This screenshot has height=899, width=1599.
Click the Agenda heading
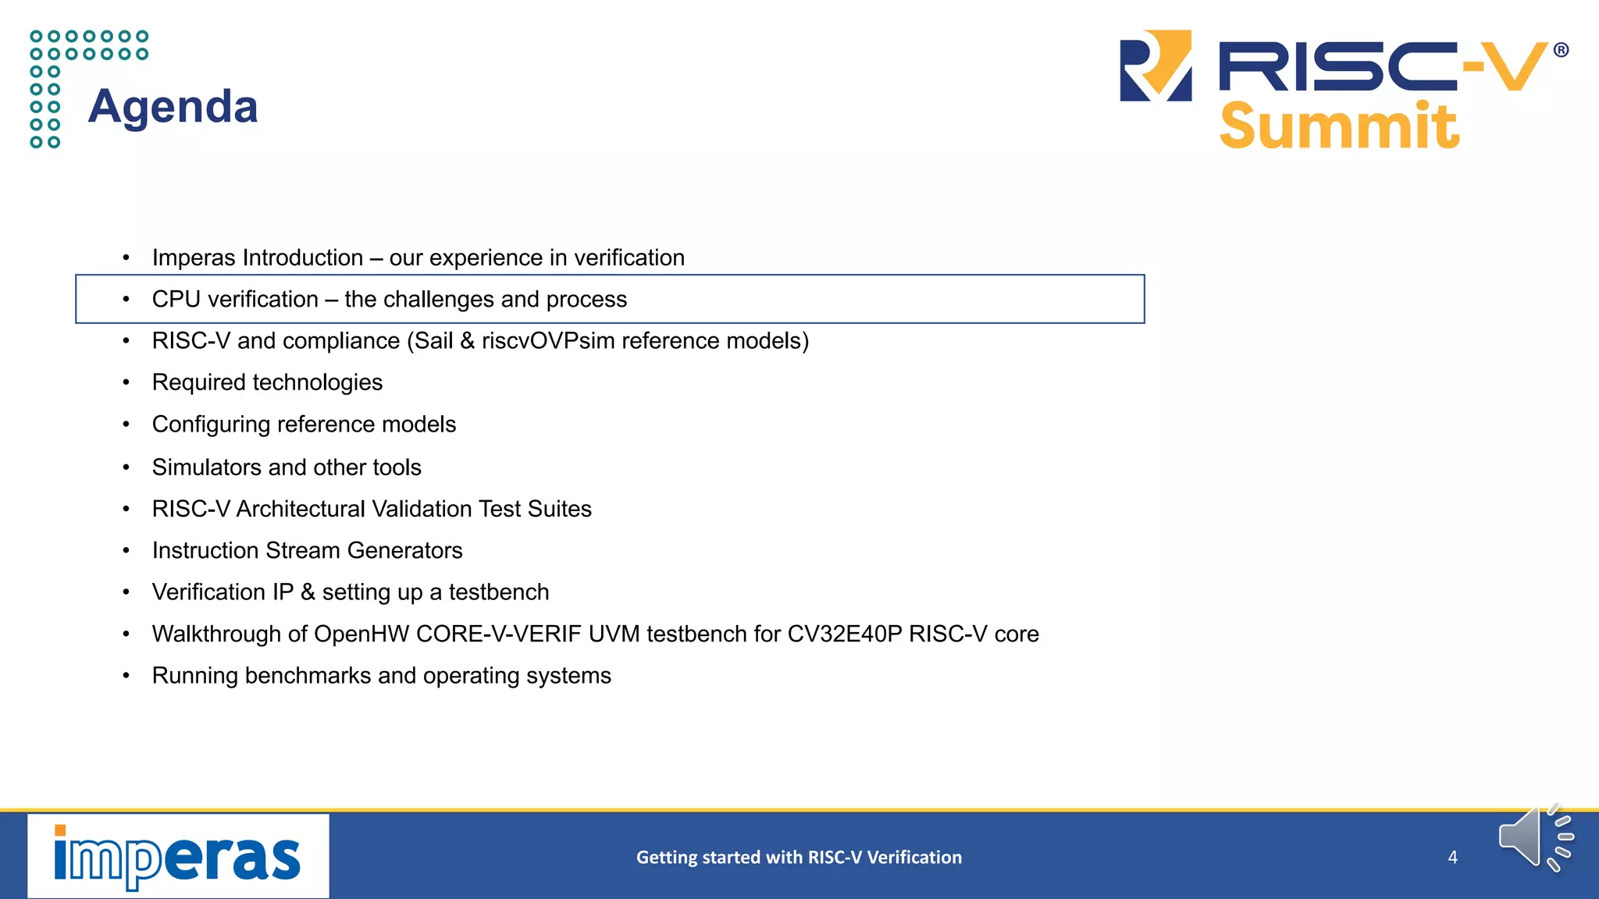click(173, 106)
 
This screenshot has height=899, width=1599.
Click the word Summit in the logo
click(1338, 126)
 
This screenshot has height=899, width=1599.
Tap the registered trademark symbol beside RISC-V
click(1561, 51)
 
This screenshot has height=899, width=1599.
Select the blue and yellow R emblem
click(1156, 66)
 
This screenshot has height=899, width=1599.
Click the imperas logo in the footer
click(178, 856)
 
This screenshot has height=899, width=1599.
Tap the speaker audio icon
click(1533, 838)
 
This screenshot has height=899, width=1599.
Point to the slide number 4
click(1452, 857)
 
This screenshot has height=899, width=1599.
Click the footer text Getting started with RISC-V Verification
click(799, 857)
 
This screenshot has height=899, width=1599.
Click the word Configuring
click(211, 425)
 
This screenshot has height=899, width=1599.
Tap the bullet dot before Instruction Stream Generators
click(126, 551)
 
